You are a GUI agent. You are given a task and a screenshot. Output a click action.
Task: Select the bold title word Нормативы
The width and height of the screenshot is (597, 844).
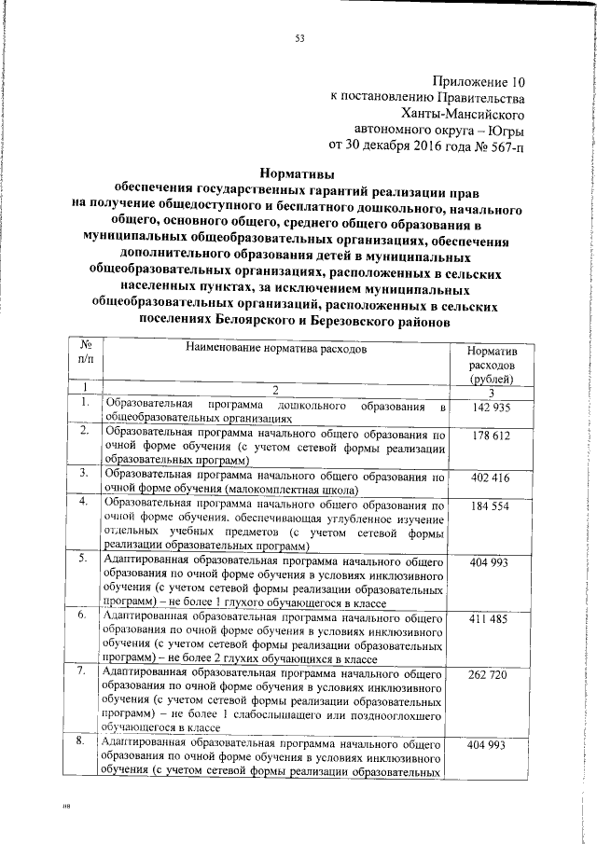[297, 173]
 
